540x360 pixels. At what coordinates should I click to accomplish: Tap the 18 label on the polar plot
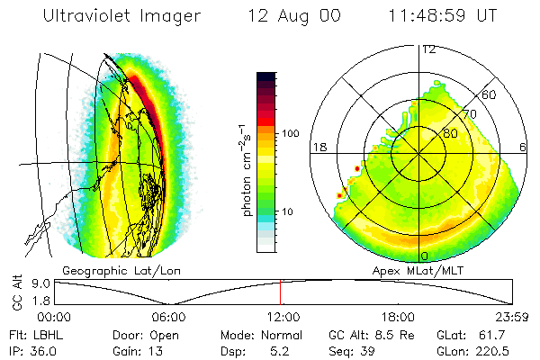point(319,147)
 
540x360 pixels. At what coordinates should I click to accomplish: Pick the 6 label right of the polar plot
point(524,147)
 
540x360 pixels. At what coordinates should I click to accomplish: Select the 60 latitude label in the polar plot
point(490,95)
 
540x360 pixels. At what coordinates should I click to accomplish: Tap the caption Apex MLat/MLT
point(419,270)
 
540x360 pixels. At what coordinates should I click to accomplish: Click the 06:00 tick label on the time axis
point(168,317)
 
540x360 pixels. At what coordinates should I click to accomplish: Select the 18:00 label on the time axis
point(397,317)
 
